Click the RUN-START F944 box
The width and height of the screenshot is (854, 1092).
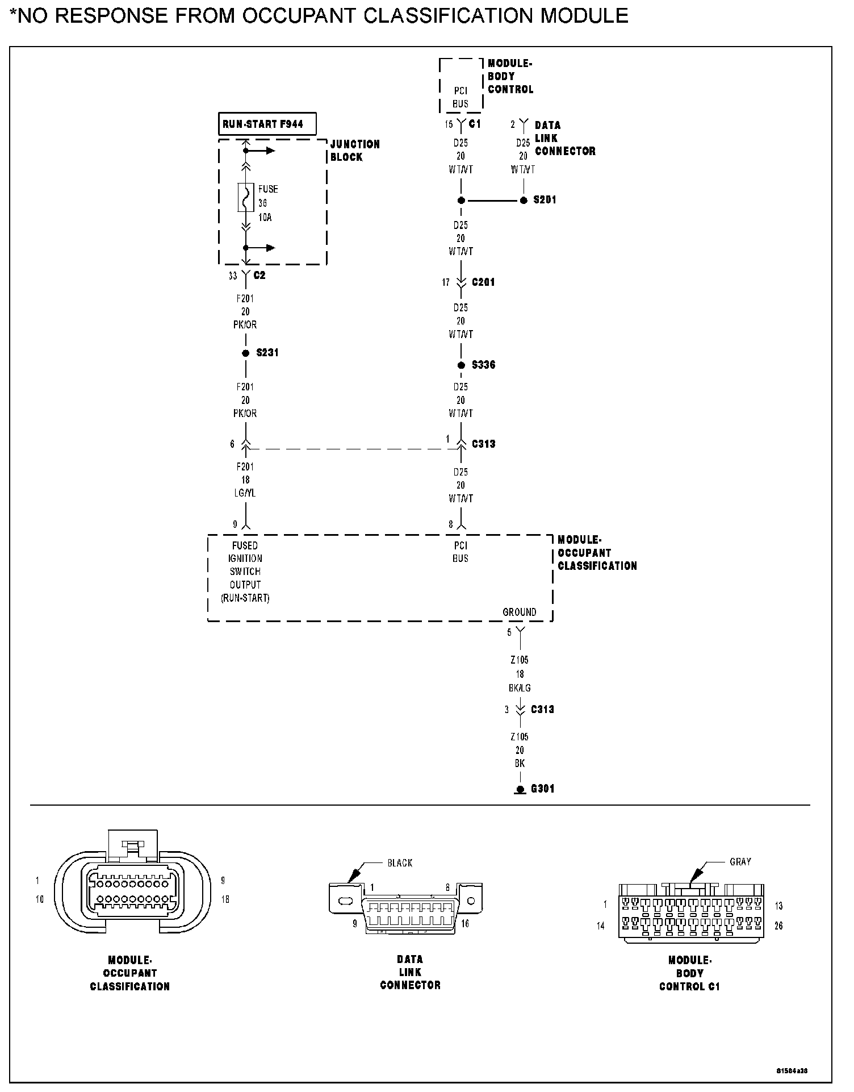click(267, 124)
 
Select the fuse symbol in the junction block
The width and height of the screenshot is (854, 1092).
click(245, 198)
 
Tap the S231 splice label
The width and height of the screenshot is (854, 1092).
click(267, 353)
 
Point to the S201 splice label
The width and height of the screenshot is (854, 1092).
click(545, 200)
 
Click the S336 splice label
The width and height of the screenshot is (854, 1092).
click(484, 365)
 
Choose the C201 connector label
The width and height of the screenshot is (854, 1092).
click(483, 282)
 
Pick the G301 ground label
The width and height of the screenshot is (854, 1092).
click(542, 789)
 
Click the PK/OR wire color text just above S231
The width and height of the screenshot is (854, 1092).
click(245, 325)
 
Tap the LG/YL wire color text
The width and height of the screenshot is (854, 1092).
click(245, 493)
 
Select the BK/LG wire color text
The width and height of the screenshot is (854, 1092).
click(520, 688)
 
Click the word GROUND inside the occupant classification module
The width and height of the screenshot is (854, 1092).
click(519, 612)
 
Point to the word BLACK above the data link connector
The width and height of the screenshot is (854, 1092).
click(400, 863)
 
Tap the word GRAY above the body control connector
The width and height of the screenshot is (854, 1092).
click(740, 862)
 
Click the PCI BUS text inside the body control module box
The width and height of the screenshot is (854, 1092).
click(461, 97)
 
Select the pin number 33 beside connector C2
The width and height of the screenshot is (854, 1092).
click(233, 276)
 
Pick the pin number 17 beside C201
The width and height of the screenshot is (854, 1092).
click(446, 282)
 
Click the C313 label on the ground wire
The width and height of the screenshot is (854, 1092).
click(542, 709)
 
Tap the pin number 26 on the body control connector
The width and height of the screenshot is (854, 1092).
click(778, 926)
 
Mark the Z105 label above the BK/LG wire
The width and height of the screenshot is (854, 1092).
click(520, 660)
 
